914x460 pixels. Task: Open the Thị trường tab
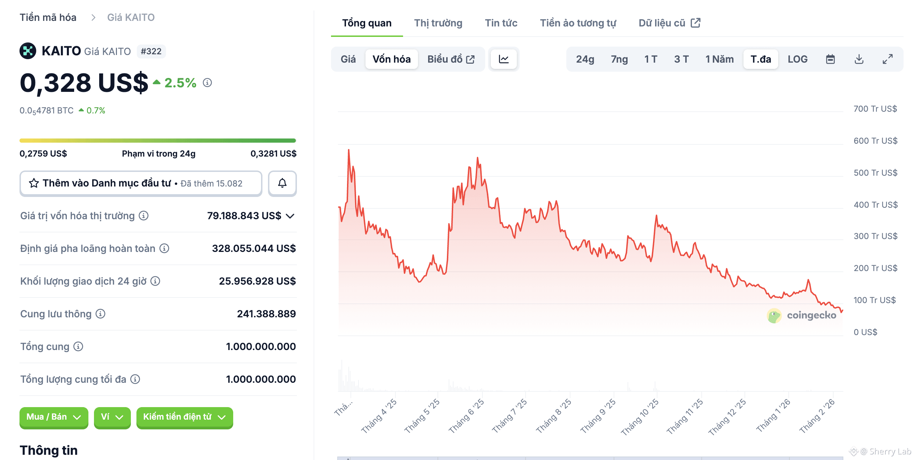pyautogui.click(x=438, y=23)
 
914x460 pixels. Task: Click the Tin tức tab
pyautogui.click(x=501, y=23)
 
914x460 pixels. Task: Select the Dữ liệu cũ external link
pyautogui.click(x=669, y=23)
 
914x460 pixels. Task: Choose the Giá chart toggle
pyautogui.click(x=348, y=59)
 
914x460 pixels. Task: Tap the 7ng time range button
pyautogui.click(x=619, y=59)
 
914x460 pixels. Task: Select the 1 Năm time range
pyautogui.click(x=719, y=59)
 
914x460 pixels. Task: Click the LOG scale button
pyautogui.click(x=797, y=59)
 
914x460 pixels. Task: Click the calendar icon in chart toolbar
pyautogui.click(x=830, y=59)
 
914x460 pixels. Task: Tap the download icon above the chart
pyautogui.click(x=859, y=59)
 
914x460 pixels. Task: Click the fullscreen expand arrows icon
pyautogui.click(x=888, y=59)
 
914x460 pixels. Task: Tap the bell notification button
pyautogui.click(x=282, y=183)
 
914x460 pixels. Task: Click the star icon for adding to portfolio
pyautogui.click(x=34, y=183)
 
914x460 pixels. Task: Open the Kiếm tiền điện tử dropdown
pyautogui.click(x=184, y=417)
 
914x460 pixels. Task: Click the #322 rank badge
pyautogui.click(x=151, y=51)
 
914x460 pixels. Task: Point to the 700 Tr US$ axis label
pyautogui.click(x=875, y=109)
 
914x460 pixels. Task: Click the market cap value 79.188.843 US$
pyautogui.click(x=244, y=216)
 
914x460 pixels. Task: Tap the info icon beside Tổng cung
pyautogui.click(x=78, y=347)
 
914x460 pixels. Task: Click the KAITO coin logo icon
pyautogui.click(x=28, y=51)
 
